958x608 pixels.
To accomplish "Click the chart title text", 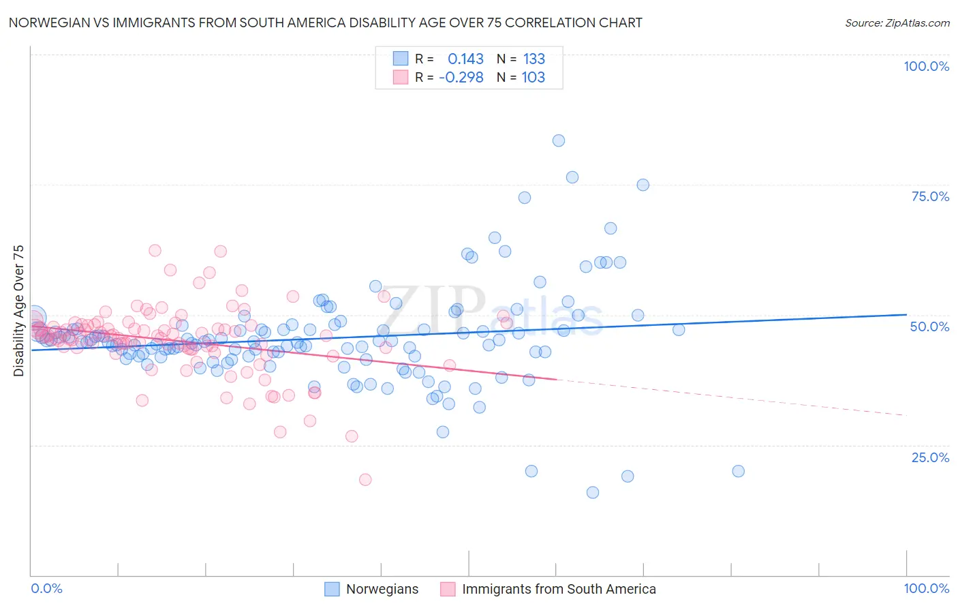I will [325, 23].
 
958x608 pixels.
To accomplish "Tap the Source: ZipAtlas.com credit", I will [897, 23].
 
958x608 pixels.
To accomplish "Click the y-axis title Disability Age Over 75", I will [18, 311].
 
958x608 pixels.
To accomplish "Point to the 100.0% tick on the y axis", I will [926, 66].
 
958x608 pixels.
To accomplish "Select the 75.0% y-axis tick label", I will [930, 196].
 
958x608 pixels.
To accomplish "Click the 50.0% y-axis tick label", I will [929, 326].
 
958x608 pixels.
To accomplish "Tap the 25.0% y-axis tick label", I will [930, 457].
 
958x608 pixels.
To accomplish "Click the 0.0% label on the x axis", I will [46, 588].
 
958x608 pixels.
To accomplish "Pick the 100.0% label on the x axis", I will [926, 588].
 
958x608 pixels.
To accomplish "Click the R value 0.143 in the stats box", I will [465, 59].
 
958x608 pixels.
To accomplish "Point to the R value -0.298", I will [461, 78].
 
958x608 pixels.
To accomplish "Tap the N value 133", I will [534, 59].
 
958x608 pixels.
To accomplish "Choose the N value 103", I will [534, 78].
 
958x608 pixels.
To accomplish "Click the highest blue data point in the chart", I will [558, 140].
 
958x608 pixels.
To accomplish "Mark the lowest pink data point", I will [365, 480].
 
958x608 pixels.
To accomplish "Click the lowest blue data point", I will [593, 492].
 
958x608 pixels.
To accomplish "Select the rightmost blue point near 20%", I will [738, 471].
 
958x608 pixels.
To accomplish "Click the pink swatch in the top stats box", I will [400, 78].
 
